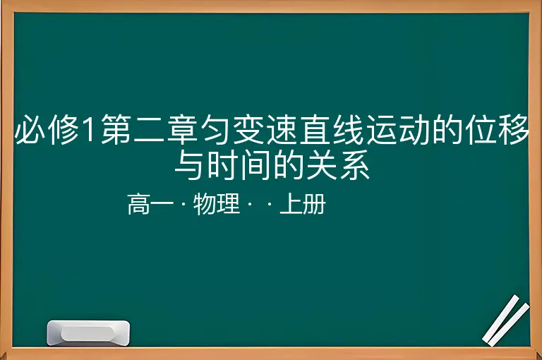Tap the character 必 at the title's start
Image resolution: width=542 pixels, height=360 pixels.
coord(30,129)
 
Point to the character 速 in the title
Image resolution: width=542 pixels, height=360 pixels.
coord(282,129)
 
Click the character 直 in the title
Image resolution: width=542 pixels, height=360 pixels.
coord(315,129)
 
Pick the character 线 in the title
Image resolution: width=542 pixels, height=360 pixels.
coord(348,129)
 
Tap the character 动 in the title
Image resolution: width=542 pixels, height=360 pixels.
coord(414,129)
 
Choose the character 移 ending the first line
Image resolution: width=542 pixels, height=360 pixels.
coord(513,129)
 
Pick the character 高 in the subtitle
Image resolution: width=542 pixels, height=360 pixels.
coord(138,204)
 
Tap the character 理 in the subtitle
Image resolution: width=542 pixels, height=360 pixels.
coord(229,204)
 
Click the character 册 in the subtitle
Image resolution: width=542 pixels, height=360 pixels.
coord(314,204)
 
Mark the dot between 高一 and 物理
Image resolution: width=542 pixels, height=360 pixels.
coord(183,204)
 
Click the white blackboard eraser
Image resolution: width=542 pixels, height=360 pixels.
coord(88,332)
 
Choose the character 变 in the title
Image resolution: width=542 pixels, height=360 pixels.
coord(249,129)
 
